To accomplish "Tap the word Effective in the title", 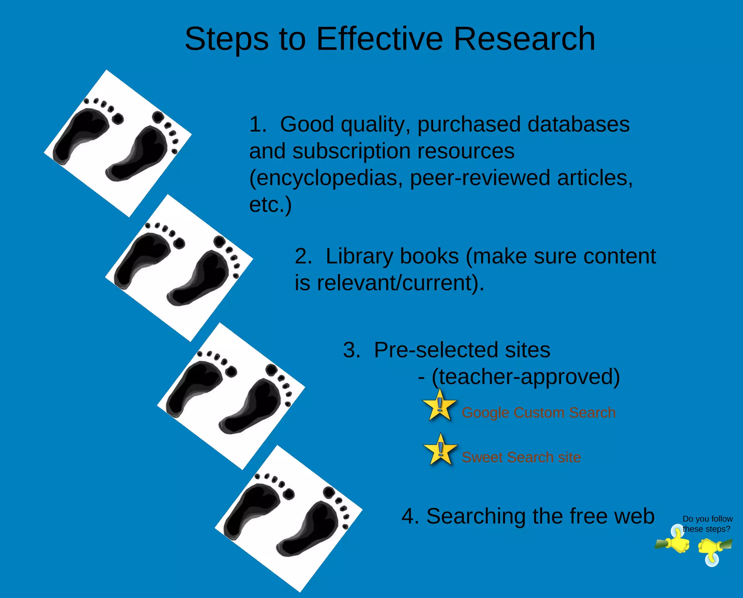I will pyautogui.click(x=379, y=39).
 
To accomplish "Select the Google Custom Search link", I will pyautogui.click(x=538, y=413).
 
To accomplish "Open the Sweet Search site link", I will pyautogui.click(x=521, y=457).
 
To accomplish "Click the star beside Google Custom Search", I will pyautogui.click(x=439, y=406).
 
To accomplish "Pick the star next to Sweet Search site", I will pyautogui.click(x=440, y=450).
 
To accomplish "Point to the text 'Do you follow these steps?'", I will pyautogui.click(x=707, y=524).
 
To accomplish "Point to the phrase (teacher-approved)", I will pyautogui.click(x=526, y=377).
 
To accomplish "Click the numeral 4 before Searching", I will pyautogui.click(x=408, y=516).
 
